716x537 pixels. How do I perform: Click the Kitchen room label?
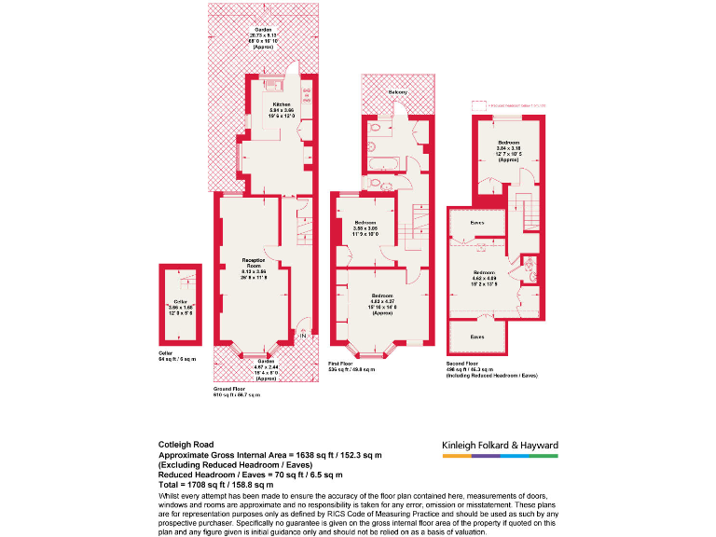pos(282,103)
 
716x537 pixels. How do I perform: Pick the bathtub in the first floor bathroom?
pos(382,165)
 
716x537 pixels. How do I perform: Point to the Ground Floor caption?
pos(229,386)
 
